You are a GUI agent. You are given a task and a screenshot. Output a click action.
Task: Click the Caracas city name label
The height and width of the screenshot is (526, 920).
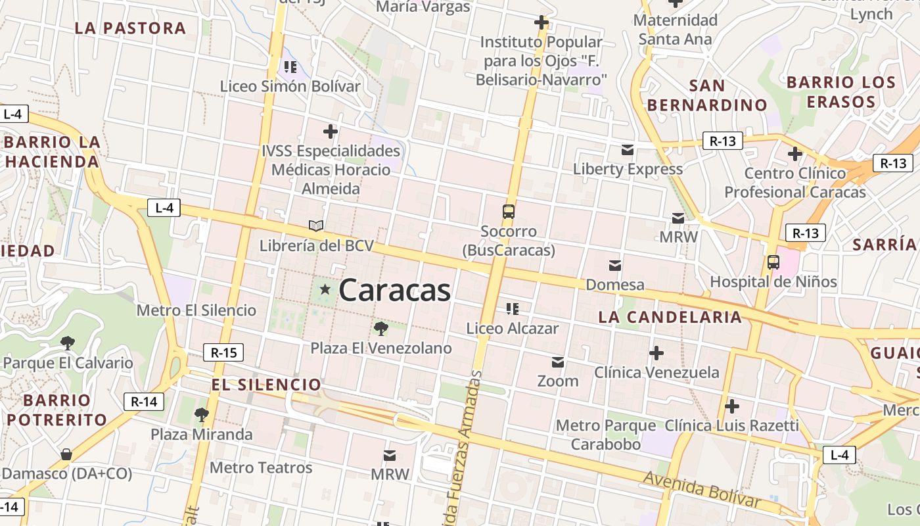(x=395, y=290)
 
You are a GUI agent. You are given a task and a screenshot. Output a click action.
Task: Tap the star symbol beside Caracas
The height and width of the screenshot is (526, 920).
(x=325, y=289)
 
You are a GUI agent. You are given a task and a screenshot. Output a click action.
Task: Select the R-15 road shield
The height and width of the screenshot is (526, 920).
(x=223, y=352)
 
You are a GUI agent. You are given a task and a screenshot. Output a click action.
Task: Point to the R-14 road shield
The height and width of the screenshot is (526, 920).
(x=144, y=402)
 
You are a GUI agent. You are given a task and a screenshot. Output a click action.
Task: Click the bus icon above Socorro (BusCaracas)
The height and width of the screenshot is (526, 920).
(x=509, y=212)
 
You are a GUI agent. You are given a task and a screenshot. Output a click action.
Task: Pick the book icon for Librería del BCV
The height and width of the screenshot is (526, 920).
(x=316, y=226)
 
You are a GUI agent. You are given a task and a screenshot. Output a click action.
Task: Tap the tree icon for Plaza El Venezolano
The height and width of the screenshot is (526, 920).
(x=380, y=328)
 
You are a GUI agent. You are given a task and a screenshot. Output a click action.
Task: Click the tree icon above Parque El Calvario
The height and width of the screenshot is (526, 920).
(x=67, y=343)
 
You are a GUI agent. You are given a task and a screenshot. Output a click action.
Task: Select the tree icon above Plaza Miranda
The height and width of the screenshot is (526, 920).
(x=201, y=414)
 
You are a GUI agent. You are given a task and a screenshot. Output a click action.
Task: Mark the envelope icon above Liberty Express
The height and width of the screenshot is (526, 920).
(x=628, y=150)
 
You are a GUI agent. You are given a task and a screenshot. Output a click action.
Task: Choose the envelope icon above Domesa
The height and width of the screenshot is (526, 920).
(x=615, y=266)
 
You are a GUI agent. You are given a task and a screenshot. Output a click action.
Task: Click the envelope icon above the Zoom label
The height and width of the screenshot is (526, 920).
(x=558, y=362)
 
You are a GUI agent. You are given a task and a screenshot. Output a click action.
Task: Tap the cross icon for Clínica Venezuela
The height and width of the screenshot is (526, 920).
(x=656, y=353)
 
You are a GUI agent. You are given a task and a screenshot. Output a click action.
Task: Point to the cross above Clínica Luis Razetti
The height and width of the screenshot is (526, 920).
(x=731, y=406)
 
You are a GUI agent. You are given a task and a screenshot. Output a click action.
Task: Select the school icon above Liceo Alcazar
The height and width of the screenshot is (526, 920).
(x=512, y=308)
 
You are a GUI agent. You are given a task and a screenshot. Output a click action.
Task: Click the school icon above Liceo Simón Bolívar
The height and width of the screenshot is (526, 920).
(x=290, y=66)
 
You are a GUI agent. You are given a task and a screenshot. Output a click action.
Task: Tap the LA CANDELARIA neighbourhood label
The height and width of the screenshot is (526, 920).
(x=670, y=317)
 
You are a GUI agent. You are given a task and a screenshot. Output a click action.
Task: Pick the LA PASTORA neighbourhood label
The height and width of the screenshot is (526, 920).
(x=130, y=28)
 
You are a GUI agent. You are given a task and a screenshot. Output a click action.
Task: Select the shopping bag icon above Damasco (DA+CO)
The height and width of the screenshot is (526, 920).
(x=66, y=454)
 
